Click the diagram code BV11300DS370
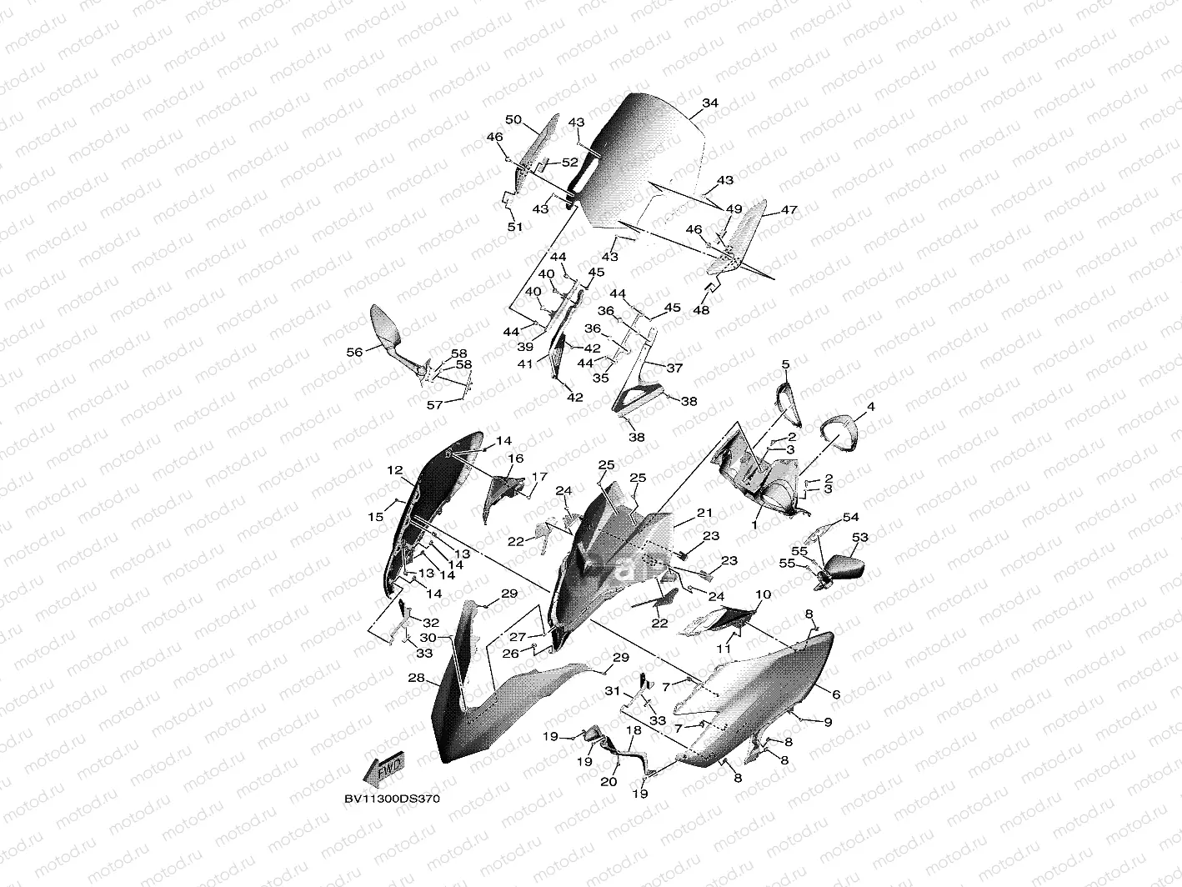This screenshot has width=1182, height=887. (391, 799)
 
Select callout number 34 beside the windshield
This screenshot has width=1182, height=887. (709, 103)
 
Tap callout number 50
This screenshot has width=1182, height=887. (513, 120)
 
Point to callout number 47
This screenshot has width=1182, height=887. (789, 211)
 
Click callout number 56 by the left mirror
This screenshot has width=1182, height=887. (354, 353)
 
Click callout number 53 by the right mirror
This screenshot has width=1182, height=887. (859, 539)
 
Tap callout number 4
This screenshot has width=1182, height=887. (870, 407)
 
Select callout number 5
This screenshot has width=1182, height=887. (785, 364)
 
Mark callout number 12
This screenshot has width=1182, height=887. (394, 471)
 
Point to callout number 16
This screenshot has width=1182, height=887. (516, 459)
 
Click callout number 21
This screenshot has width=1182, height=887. (705, 512)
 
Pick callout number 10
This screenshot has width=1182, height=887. (764, 595)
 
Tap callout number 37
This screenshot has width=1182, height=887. (674, 368)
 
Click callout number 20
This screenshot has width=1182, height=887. (609, 782)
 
